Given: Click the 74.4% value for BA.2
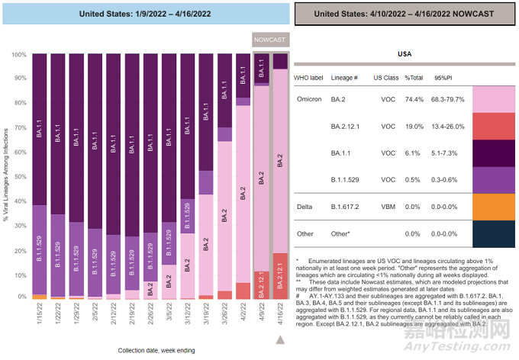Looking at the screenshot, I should [414, 99].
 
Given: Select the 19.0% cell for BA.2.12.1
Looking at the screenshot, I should [414, 126].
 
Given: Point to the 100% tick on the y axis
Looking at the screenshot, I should [17, 55].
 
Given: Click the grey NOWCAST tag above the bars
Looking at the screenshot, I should [270, 40].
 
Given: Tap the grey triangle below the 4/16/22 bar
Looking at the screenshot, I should [280, 339].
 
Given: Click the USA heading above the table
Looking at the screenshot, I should [405, 55].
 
